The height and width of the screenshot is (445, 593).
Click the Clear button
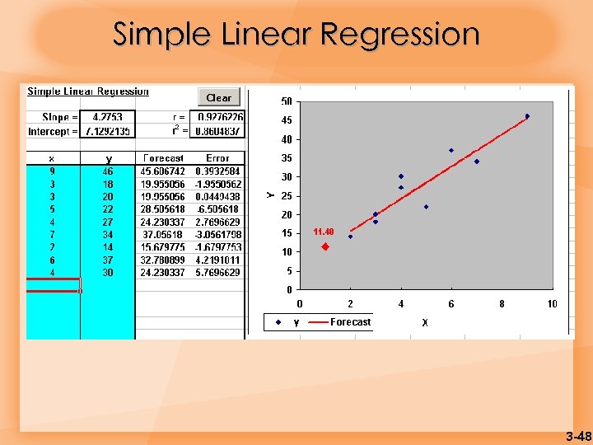(x=218, y=97)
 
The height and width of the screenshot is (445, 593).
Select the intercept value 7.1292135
(x=108, y=130)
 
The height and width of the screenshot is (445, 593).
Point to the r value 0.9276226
(x=220, y=118)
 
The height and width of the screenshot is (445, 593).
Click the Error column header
(x=218, y=157)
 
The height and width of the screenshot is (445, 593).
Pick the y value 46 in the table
(x=107, y=170)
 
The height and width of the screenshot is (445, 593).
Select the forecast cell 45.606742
(x=162, y=170)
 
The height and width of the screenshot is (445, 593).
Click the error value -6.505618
(x=218, y=208)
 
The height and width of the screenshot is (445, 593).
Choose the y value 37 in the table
(x=107, y=260)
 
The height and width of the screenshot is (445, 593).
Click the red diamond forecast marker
(x=325, y=246)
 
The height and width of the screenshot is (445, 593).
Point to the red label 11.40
(x=323, y=232)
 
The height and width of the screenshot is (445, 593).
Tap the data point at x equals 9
(x=527, y=116)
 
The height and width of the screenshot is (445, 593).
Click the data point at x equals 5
(x=426, y=207)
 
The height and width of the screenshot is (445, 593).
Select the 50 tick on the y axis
(x=287, y=101)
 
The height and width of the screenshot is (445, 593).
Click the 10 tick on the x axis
(x=552, y=304)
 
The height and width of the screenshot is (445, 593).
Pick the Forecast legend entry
(x=350, y=322)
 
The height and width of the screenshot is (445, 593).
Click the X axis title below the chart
(x=425, y=323)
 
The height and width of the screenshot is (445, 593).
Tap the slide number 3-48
(x=578, y=435)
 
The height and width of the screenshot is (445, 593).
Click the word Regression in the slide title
(x=399, y=35)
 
